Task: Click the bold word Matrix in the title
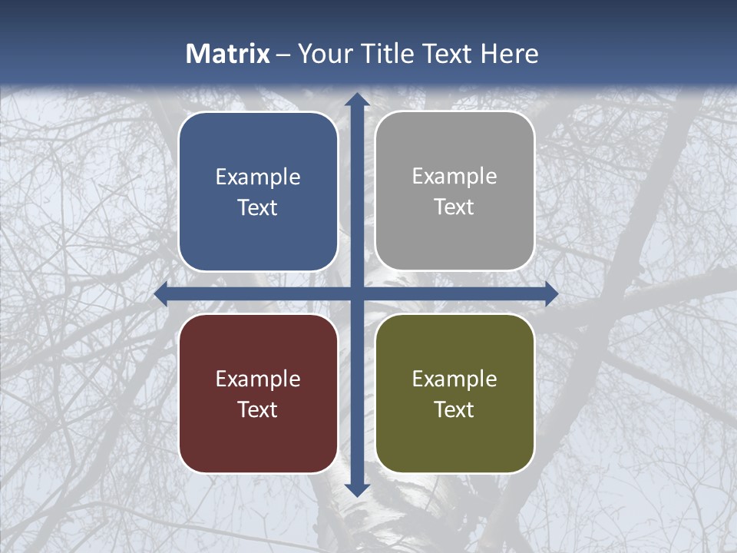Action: (x=228, y=54)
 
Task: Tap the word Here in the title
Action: (x=509, y=54)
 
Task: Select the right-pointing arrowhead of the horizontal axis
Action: (x=550, y=294)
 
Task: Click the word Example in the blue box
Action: (x=258, y=177)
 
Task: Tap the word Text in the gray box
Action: (x=454, y=207)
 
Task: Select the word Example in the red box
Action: (x=258, y=379)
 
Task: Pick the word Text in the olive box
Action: (x=454, y=409)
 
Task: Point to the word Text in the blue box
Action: (x=258, y=208)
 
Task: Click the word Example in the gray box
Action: (x=454, y=177)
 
